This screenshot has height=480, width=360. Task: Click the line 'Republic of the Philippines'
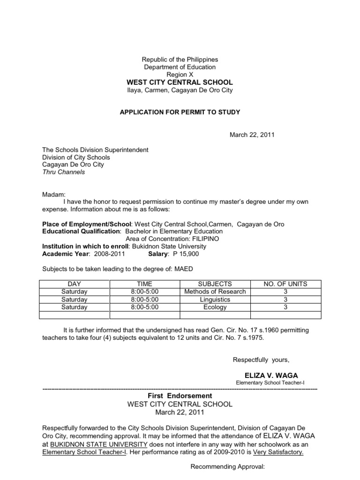point(180,60)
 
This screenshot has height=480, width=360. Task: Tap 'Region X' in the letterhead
point(180,75)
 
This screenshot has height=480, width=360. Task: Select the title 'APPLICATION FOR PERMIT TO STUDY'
point(180,112)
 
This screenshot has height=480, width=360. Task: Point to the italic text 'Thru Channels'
point(64,172)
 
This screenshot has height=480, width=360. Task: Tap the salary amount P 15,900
point(187,254)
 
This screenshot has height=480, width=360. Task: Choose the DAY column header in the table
point(75,284)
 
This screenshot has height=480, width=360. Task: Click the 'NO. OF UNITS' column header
point(285,284)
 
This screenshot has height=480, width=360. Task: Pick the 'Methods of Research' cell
point(215,292)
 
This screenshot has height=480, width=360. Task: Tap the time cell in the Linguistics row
point(145,300)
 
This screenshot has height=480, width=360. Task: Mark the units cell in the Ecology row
point(285,307)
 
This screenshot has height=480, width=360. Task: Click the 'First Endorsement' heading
point(180,396)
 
